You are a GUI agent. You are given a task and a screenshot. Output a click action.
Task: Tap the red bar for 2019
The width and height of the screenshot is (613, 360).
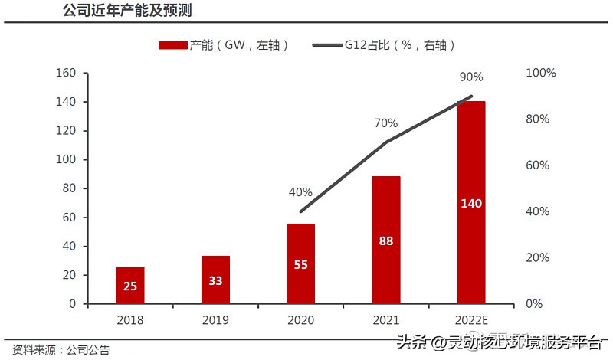tap(215, 280)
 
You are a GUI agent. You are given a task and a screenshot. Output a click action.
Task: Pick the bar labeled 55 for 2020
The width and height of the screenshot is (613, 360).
tap(300, 263)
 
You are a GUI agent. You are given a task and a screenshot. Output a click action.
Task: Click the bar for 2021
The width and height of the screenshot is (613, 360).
tap(385, 240)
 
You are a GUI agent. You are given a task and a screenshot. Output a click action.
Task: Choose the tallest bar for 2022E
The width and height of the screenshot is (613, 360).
tap(470, 202)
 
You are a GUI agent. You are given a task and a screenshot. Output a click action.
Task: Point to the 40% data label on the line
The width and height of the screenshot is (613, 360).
tap(300, 192)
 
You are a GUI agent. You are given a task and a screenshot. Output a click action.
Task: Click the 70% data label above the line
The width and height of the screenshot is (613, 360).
tap(385, 123)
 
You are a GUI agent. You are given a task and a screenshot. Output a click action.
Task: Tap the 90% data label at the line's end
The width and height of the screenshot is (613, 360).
tap(470, 77)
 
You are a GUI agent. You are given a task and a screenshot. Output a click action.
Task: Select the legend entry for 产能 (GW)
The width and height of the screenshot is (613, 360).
tap(223, 45)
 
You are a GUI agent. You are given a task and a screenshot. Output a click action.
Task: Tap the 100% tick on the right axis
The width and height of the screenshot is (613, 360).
tap(541, 73)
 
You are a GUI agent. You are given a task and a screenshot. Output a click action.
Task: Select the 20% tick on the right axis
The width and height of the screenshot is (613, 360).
tap(539, 257)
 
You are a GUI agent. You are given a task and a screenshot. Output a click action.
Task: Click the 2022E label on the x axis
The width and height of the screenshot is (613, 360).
tap(470, 318)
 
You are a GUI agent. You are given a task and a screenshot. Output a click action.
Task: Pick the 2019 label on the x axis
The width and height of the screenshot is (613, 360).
tap(215, 318)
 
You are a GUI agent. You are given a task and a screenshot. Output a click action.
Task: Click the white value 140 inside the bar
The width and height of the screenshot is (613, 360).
tap(470, 204)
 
